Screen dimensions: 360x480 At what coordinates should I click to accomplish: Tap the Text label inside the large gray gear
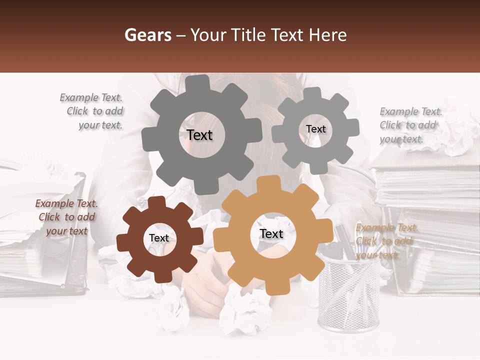click(199, 135)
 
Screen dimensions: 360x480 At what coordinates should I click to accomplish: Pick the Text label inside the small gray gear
click(315, 129)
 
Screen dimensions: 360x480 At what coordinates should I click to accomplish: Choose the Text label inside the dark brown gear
click(159, 238)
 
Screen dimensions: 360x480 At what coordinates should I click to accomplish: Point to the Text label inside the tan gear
click(271, 234)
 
